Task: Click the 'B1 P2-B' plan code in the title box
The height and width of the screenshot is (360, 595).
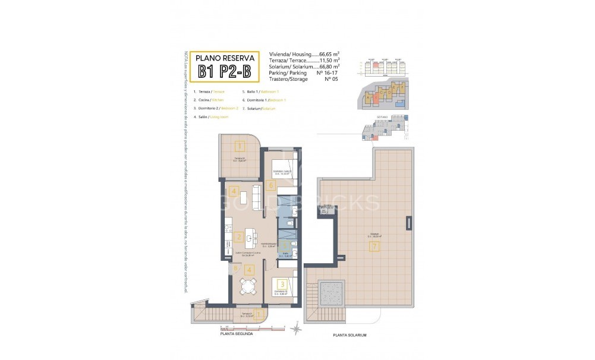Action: tap(228, 72)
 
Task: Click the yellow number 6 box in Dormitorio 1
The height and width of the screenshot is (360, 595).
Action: tap(271, 185)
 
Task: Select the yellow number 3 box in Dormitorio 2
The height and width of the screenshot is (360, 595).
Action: tap(282, 285)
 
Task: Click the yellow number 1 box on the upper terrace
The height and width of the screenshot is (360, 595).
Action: tap(239, 146)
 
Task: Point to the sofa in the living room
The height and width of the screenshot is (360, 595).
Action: tap(256, 198)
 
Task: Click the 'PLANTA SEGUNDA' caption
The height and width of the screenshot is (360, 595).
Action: tap(237, 334)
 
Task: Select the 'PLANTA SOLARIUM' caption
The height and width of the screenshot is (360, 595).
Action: tap(350, 336)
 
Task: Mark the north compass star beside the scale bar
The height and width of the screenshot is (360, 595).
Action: tap(294, 327)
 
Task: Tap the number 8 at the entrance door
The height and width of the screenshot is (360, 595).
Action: tap(236, 269)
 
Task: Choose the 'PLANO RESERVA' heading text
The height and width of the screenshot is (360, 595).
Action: tap(228, 58)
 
